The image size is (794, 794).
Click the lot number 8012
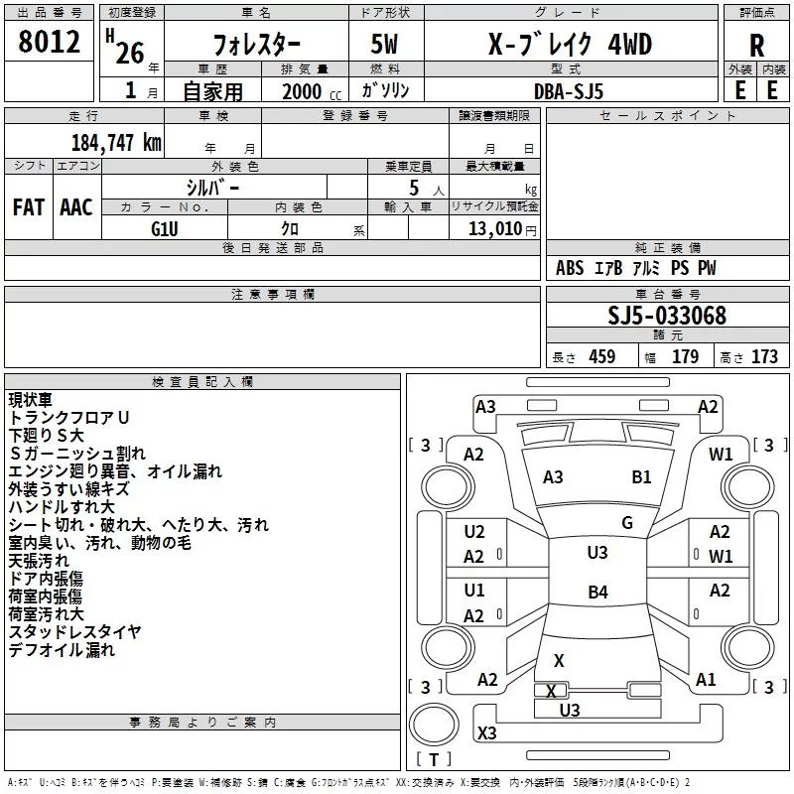(x=49, y=42)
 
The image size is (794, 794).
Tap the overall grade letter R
(x=756, y=46)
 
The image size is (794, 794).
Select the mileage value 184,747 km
(x=116, y=142)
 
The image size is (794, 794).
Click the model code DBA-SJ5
(x=569, y=91)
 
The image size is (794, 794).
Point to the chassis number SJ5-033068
(x=667, y=316)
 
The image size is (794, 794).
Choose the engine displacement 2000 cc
(x=312, y=91)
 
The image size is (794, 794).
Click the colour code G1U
(x=165, y=229)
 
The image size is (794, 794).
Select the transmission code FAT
(x=29, y=207)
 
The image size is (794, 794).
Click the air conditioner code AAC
(x=76, y=207)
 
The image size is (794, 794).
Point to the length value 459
(x=602, y=356)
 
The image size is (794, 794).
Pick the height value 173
(x=764, y=356)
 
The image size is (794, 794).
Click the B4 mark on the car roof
(x=598, y=592)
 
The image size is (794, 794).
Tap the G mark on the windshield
(x=627, y=523)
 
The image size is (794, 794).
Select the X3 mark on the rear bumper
(x=487, y=732)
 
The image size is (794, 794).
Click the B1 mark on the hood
(x=641, y=477)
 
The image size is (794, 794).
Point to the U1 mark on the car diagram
(x=474, y=591)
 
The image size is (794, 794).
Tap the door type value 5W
(x=384, y=44)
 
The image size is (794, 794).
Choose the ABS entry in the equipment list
(x=570, y=268)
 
